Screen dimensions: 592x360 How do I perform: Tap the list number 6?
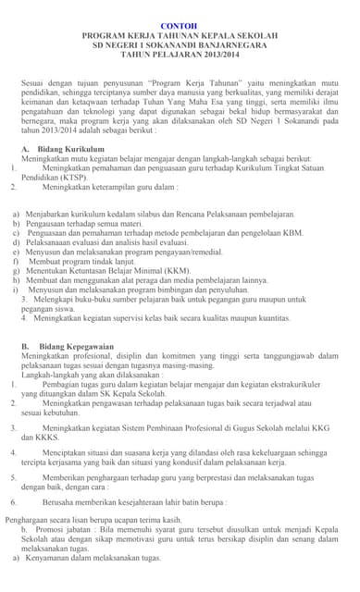point(14,500)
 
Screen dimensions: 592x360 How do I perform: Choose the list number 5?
point(14,476)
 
